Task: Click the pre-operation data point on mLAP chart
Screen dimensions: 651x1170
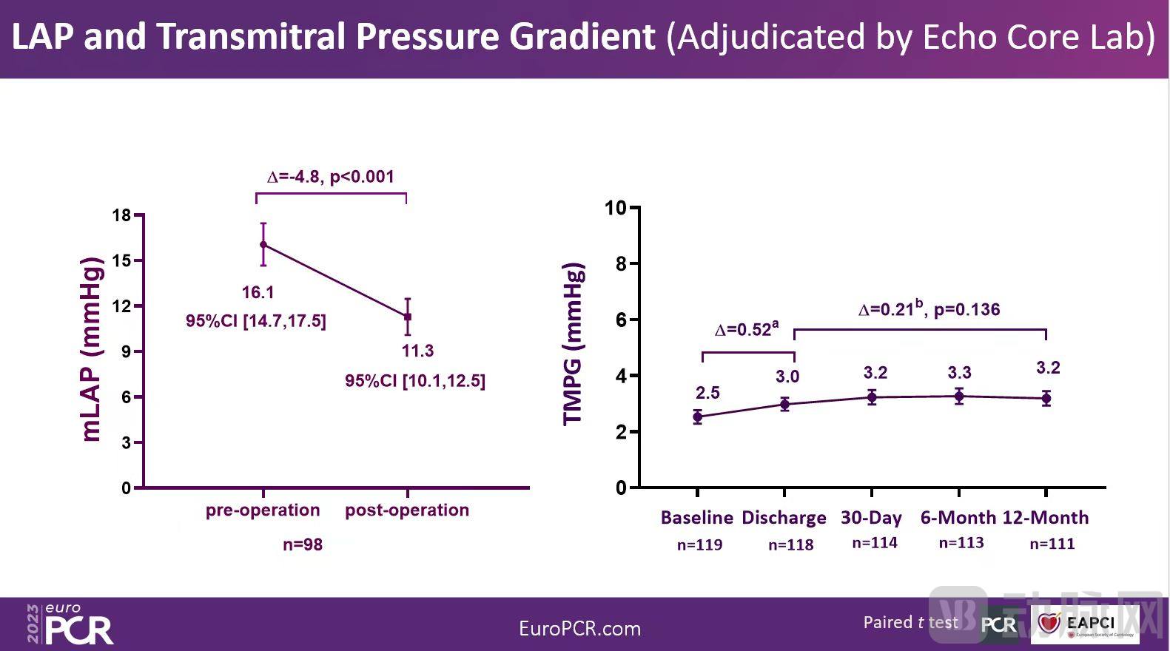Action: click(263, 244)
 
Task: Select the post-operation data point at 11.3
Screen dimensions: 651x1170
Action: click(407, 317)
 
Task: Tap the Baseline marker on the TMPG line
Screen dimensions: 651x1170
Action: click(697, 417)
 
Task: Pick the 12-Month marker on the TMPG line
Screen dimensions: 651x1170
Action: click(1046, 399)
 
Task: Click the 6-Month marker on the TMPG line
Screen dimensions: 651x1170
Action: click(958, 397)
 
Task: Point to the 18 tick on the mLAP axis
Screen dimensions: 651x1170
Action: click(121, 215)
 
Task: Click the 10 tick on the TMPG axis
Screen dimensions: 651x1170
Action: click(616, 208)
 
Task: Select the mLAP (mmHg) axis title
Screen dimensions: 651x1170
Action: click(90, 349)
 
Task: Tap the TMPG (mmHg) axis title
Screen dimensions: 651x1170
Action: click(574, 344)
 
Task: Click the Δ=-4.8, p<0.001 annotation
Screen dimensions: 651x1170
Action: click(331, 177)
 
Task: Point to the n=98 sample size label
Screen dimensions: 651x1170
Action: click(303, 545)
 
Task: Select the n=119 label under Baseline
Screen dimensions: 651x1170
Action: click(699, 545)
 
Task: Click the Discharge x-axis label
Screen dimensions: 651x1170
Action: click(784, 518)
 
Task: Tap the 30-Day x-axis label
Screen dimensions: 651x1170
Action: click(871, 518)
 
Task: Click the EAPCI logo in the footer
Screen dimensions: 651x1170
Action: click(1085, 624)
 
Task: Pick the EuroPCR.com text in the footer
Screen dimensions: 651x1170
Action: click(579, 629)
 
